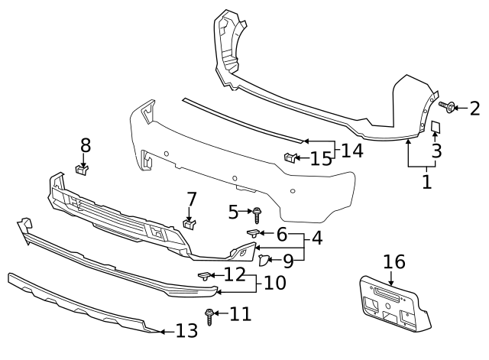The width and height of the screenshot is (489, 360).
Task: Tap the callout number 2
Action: pyautogui.click(x=474, y=108)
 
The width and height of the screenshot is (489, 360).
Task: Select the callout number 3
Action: pyautogui.click(x=436, y=151)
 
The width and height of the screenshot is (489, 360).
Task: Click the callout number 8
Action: pyautogui.click(x=86, y=144)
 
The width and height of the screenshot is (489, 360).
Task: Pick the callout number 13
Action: pyautogui.click(x=186, y=331)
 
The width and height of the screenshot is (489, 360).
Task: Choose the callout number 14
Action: pyautogui.click(x=352, y=150)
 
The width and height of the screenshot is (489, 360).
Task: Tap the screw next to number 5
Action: pyautogui.click(x=257, y=211)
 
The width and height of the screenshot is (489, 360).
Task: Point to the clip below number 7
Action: pyautogui.click(x=191, y=223)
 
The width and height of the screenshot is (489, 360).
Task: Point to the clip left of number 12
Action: pyautogui.click(x=205, y=275)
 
